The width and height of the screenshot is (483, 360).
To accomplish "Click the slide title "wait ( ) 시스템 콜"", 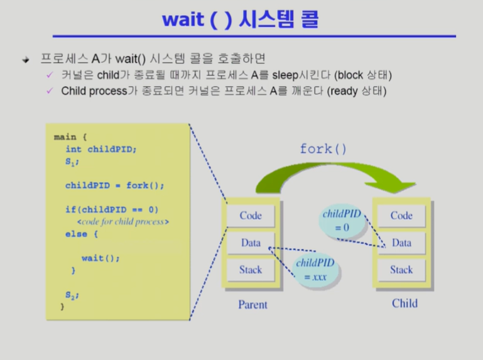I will (x=240, y=19).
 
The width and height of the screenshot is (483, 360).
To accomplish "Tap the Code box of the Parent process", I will (x=251, y=215).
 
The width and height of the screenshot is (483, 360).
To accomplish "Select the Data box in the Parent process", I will (x=251, y=243).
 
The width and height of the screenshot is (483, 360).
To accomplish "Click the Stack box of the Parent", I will (x=251, y=270).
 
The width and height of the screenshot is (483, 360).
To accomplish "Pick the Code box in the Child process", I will (x=401, y=215).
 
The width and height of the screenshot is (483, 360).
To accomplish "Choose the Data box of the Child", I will (x=401, y=243).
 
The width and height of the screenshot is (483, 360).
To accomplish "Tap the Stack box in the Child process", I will (x=401, y=270).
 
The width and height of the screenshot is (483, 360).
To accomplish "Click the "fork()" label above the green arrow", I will (x=323, y=150).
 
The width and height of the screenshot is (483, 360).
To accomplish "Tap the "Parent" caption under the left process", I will (x=252, y=305).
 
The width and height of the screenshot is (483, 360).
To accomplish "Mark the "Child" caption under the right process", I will (x=404, y=303).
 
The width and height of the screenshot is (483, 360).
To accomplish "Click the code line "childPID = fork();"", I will (x=114, y=185).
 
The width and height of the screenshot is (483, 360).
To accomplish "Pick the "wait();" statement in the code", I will (x=100, y=258).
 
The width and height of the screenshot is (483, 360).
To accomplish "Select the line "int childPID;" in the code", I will (x=100, y=149).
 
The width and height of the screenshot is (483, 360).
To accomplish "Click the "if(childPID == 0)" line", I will (x=112, y=209).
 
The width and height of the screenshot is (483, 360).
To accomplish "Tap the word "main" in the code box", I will (x=65, y=136).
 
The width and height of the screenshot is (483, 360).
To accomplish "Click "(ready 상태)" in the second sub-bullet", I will (x=356, y=91).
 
